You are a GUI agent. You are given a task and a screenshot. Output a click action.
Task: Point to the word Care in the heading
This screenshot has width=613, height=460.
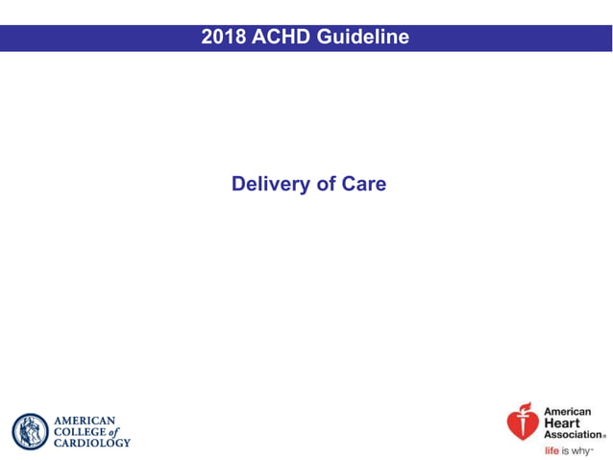pos(363,184)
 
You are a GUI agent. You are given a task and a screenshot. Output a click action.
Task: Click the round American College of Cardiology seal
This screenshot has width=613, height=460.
pos(30,431)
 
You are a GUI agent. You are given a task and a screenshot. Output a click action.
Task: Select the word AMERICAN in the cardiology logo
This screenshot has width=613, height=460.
pos(85,421)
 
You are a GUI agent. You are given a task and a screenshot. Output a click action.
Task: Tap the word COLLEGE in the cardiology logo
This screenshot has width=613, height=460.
pos(80,431)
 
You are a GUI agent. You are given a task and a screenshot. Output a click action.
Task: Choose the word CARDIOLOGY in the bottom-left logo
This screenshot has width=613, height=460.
pos(91,443)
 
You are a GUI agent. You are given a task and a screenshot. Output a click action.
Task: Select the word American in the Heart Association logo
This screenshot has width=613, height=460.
pos(568,412)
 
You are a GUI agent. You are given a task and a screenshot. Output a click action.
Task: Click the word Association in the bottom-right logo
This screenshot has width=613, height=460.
pos(573,434)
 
